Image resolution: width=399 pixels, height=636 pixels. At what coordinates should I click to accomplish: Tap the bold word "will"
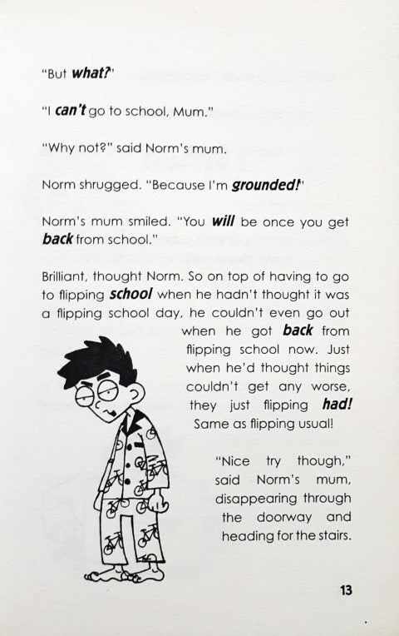coord(224,222)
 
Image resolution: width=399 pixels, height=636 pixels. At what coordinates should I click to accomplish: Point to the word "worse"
coord(332,387)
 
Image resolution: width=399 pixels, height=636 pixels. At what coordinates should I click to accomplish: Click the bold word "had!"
coord(336,405)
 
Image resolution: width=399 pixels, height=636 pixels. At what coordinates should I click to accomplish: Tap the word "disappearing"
coord(259,499)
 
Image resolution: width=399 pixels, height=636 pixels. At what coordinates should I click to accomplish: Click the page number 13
coord(346,590)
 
